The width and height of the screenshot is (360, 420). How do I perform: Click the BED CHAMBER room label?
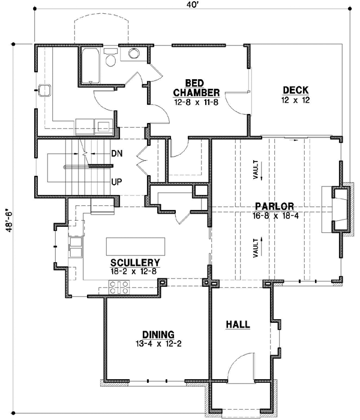pyautogui.click(x=196, y=88)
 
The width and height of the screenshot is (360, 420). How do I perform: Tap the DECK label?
pyautogui.click(x=296, y=91)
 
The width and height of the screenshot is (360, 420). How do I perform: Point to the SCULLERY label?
pyautogui.click(x=135, y=263)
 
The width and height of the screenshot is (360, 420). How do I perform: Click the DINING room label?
pyautogui.click(x=158, y=335)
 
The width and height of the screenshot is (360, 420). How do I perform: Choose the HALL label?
pyautogui.click(x=238, y=325)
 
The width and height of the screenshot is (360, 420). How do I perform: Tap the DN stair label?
pyautogui.click(x=117, y=154)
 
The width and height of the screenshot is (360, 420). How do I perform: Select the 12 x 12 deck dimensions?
pyautogui.click(x=296, y=100)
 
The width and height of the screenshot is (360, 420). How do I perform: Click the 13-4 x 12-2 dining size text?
pyautogui.click(x=158, y=344)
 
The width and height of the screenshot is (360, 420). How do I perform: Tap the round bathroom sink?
pyautogui.click(x=133, y=55)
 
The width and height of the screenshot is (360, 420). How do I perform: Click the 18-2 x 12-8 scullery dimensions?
pyautogui.click(x=135, y=272)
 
